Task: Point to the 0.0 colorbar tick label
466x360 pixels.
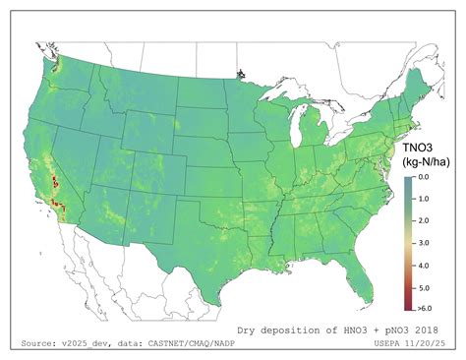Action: click(423, 178)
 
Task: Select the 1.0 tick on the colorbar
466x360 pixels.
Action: click(423, 200)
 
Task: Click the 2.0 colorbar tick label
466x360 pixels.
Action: click(423, 222)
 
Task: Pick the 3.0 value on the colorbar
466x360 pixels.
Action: click(423, 244)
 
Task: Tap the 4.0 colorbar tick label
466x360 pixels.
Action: click(423, 266)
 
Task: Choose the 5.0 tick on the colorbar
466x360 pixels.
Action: click(423, 288)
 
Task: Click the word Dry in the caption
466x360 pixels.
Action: click(250, 330)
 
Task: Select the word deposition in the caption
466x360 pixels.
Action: click(298, 330)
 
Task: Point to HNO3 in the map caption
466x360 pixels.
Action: click(360, 330)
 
